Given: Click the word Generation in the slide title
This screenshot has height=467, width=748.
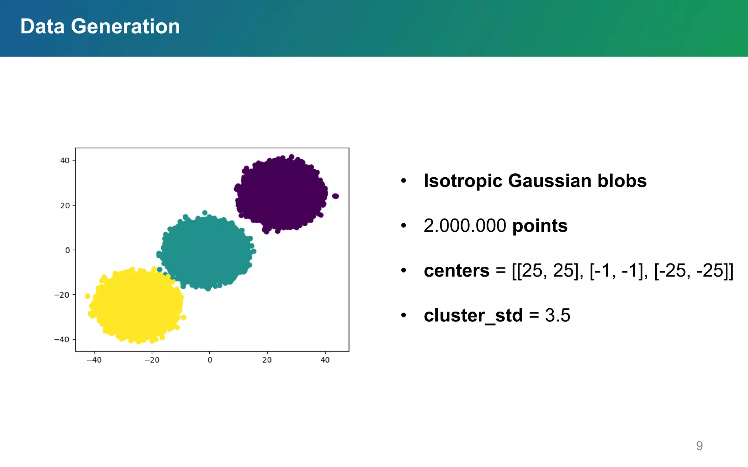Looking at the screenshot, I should pyautogui.click(x=125, y=27).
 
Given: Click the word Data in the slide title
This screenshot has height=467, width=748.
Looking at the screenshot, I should pyautogui.click(x=42, y=27).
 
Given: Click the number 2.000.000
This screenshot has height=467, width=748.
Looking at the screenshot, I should pyautogui.click(x=465, y=226).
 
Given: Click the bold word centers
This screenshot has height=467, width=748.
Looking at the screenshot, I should pyautogui.click(x=456, y=271).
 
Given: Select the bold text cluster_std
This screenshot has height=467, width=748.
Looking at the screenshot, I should pyautogui.click(x=473, y=316).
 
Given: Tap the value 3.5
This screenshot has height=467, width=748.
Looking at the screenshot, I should pyautogui.click(x=557, y=316).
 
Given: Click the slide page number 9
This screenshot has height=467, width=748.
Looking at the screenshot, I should pyautogui.click(x=699, y=446).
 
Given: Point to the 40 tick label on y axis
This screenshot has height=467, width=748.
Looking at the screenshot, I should pyautogui.click(x=65, y=161).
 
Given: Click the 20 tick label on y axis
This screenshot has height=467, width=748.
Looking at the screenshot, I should pyautogui.click(x=65, y=206).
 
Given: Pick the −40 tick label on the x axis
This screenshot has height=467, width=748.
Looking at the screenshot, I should pyautogui.click(x=94, y=360).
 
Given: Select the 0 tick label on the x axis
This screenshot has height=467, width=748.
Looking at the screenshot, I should pyautogui.click(x=210, y=360).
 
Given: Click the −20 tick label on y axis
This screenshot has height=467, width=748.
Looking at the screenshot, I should pyautogui.click(x=62, y=295).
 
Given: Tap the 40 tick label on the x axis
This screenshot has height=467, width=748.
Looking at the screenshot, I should pyautogui.click(x=325, y=360).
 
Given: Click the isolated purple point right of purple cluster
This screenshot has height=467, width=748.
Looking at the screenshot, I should pyautogui.click(x=336, y=196).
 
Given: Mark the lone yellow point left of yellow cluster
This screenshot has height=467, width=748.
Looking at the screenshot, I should pyautogui.click(x=87, y=296).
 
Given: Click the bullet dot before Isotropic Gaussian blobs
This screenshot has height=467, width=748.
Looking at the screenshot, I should pyautogui.click(x=403, y=181).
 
